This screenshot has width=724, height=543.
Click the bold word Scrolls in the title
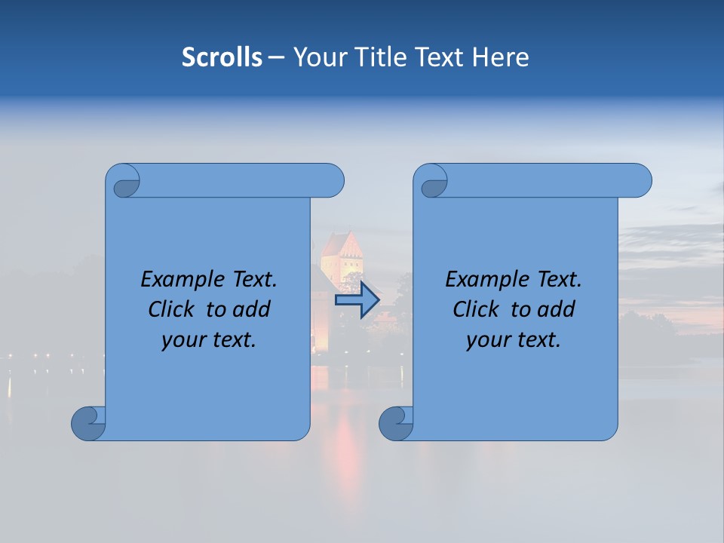[x=222, y=57]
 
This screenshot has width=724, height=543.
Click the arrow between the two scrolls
[x=357, y=300]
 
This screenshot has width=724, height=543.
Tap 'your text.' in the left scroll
[x=209, y=339]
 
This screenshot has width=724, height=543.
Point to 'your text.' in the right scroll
[x=514, y=339]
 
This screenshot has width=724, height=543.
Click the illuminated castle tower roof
[x=342, y=244]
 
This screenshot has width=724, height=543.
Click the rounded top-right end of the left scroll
[x=332, y=180]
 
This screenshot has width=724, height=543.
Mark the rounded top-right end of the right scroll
[x=640, y=180]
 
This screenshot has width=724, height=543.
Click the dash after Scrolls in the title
[x=276, y=57]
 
